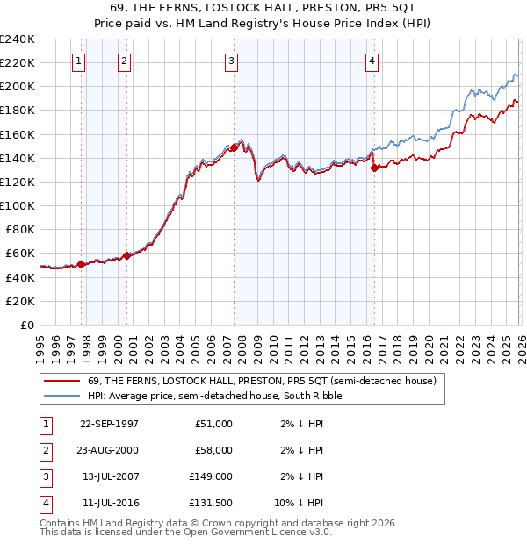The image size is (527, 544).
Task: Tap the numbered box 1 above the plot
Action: (79, 61)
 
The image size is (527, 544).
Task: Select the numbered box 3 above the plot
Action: (231, 61)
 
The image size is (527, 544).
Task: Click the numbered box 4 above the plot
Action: (372, 61)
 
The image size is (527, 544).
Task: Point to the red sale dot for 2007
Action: (234, 147)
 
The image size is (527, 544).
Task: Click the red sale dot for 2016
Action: (373, 168)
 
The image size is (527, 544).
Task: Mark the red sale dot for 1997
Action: (82, 263)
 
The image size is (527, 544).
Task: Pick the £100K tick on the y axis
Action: (18, 205)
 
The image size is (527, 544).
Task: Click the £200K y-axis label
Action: (18, 87)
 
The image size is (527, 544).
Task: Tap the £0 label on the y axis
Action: (25, 325)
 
